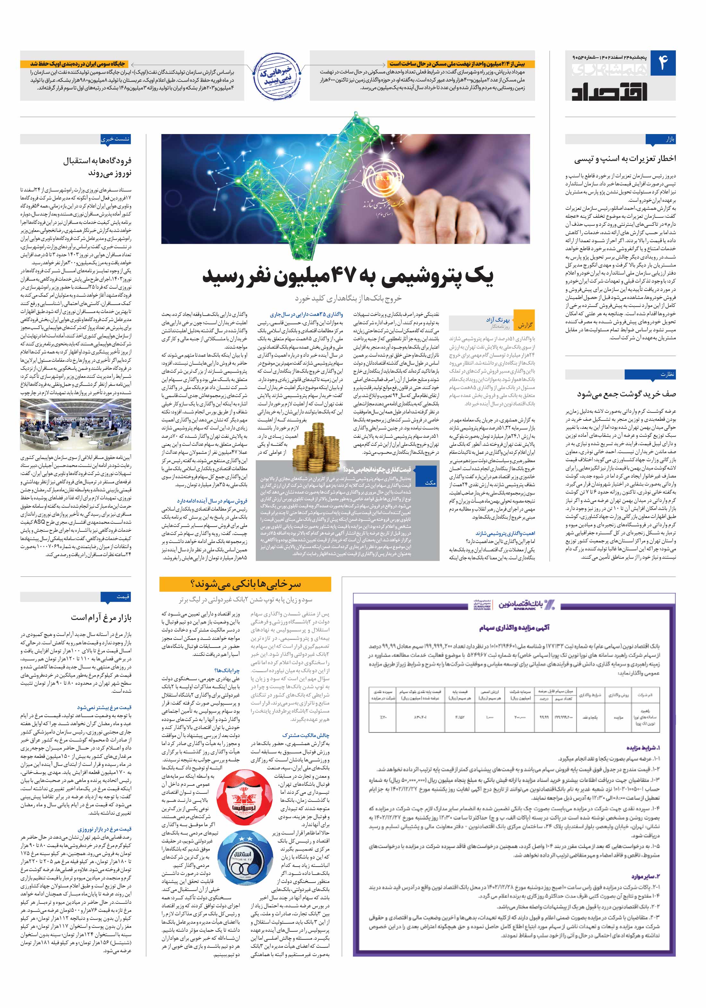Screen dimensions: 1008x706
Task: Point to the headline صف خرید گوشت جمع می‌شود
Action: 626,394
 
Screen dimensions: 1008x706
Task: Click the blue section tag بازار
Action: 666,139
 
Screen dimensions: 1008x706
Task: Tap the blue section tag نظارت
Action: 666,374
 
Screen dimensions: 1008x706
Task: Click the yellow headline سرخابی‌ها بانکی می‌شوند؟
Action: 245,584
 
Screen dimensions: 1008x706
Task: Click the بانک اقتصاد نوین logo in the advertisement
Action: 527,605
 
